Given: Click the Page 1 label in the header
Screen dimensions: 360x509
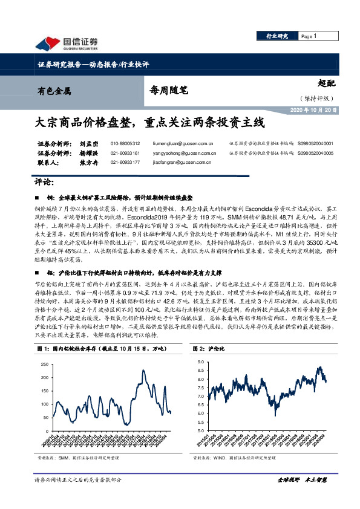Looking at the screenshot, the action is pyautogui.click(x=310, y=37).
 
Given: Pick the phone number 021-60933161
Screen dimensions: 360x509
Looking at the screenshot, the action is pyautogui.click(x=125, y=153).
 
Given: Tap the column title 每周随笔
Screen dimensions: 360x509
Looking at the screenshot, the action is pyautogui.click(x=169, y=91).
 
